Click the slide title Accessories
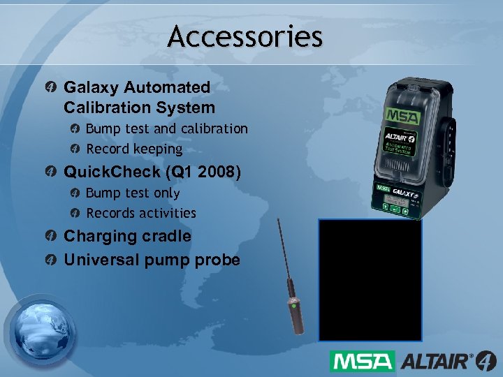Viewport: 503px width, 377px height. (x=245, y=36)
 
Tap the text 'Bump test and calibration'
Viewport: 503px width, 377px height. (x=166, y=128)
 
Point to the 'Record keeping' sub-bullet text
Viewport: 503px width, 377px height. (x=134, y=149)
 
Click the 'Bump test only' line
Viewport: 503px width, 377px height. (x=133, y=193)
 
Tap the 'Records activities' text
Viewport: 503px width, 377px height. (x=141, y=213)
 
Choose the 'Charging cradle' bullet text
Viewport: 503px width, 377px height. (x=127, y=236)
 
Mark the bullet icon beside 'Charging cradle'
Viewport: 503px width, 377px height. (x=52, y=237)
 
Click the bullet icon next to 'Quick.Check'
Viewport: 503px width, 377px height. (x=52, y=172)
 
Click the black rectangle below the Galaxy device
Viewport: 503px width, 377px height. (x=370, y=279)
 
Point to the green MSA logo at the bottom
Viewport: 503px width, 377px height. (x=362, y=361)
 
